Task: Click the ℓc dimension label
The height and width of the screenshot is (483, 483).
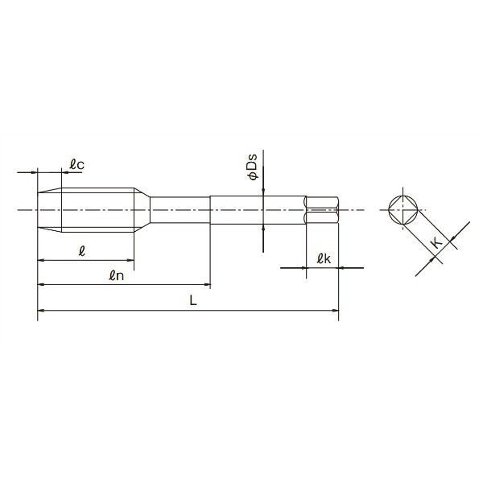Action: [x=77, y=165]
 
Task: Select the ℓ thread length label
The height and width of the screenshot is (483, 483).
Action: [x=82, y=251]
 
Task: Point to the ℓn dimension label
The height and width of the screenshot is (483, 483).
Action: [x=115, y=275]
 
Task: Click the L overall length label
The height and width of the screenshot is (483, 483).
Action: [x=192, y=299]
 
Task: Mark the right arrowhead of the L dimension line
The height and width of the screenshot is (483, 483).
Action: [x=335, y=309]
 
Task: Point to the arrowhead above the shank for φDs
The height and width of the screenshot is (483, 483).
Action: [x=262, y=190]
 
